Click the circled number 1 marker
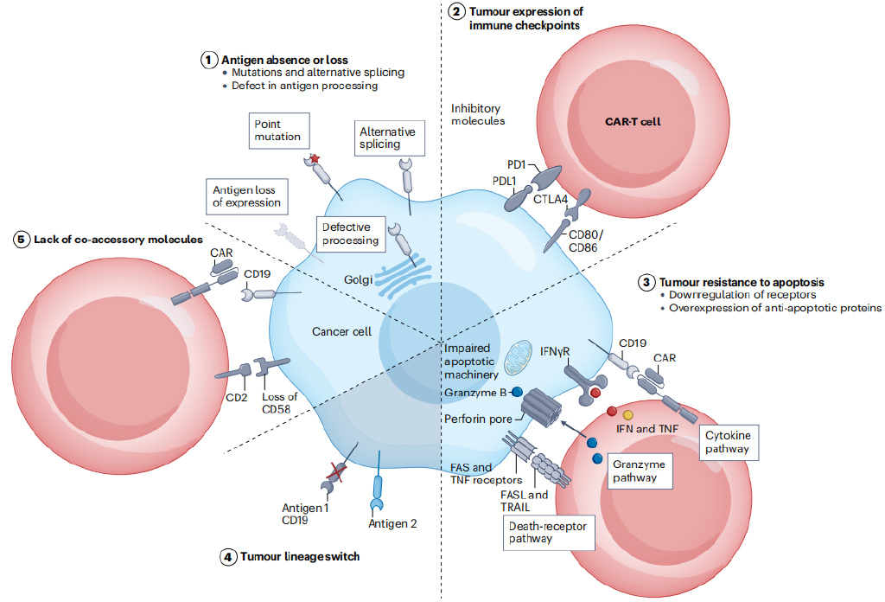[x=208, y=60]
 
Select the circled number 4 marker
[x=227, y=557]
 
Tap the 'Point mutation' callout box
[x=278, y=130]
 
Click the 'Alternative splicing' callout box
[x=385, y=138]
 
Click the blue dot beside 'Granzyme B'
[x=517, y=392]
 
